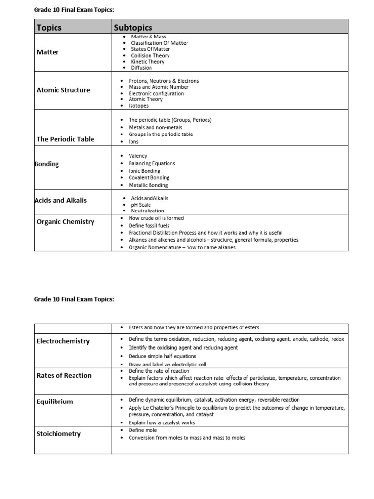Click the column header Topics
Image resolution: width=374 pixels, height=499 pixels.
pos(49,28)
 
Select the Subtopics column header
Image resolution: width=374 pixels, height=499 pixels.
pos(133,28)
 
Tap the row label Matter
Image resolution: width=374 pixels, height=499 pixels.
pos(48,52)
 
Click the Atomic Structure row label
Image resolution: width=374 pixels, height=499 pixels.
pos(63,90)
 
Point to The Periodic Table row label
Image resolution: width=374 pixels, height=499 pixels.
pos(65,139)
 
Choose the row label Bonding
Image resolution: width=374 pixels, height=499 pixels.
pos(47,164)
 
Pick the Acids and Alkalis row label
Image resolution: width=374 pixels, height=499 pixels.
pos(60,200)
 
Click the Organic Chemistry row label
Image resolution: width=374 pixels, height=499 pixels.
pos(65,222)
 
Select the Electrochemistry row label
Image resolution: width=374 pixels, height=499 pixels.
pos(63,341)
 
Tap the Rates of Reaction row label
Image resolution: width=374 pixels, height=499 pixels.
pos(64,375)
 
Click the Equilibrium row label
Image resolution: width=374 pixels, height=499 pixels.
pos(55,402)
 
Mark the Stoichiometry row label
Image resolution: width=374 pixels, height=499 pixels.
pos(59,434)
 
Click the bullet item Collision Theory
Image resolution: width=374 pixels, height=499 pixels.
pos(150,56)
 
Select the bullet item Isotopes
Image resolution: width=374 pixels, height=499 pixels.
pos(139,106)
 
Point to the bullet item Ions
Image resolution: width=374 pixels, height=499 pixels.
pos(133,142)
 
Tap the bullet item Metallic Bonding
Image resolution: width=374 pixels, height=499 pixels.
pos(148,185)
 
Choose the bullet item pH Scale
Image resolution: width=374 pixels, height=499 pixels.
pos(141,205)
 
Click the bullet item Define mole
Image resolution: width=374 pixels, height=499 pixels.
pos(143,430)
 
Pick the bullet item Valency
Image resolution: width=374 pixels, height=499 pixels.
pos(138,156)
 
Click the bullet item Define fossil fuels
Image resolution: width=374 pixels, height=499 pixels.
pos(152,226)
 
